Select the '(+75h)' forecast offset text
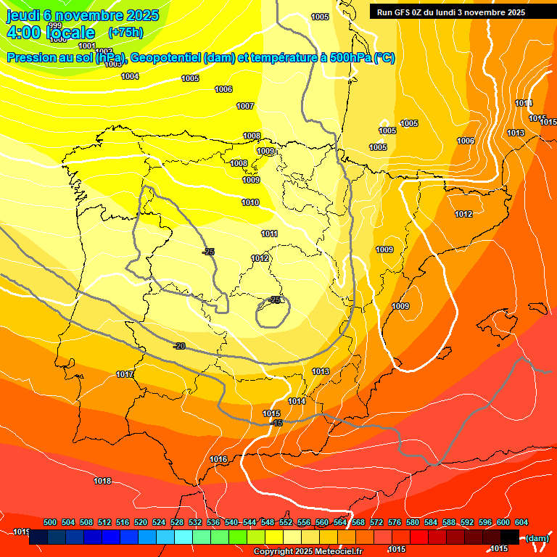tap(125, 33)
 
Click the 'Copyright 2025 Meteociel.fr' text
tap(308, 551)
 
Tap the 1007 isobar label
tap(245, 106)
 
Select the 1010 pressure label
tap(250, 202)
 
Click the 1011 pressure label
tap(269, 234)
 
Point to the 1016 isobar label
tap(218, 459)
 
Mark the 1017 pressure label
tap(125, 374)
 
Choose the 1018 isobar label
tap(102, 481)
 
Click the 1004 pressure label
tap(130, 76)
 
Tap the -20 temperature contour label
tap(179, 346)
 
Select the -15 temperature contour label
tap(276, 423)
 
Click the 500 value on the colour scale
tap(50, 522)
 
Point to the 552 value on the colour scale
tap(286, 522)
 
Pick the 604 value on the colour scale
tap(521, 522)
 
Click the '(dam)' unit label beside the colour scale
tap(537, 537)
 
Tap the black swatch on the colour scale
tap(510, 537)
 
